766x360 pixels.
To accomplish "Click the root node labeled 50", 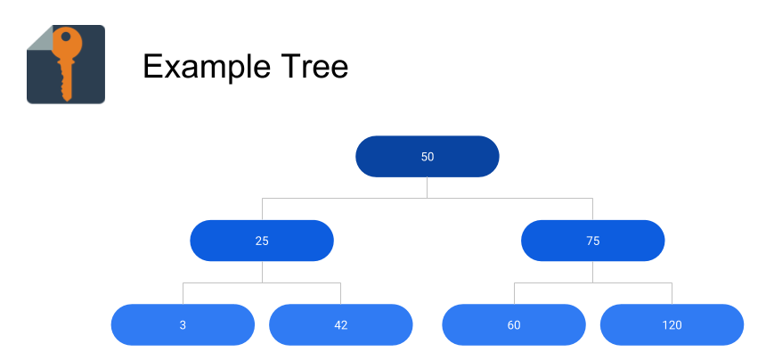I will coord(427,157).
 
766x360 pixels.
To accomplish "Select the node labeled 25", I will coord(262,241).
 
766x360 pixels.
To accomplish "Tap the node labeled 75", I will coord(592,241).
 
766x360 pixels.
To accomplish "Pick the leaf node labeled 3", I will coord(183,325).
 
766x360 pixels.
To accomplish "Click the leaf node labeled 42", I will coord(340,325).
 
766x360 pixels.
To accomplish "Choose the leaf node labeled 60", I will coord(514,325).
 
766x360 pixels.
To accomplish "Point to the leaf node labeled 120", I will coord(672,325).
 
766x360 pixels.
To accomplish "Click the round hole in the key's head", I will coord(66,37).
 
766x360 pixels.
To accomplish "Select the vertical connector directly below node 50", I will coord(427,187).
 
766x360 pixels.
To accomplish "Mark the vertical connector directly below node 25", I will coord(262,272).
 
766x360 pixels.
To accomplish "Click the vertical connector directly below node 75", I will coord(592,272).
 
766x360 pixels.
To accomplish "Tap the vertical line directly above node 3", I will coord(183,293).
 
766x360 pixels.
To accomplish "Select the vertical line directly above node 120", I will coord(672,293).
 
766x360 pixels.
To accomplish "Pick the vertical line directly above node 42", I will coord(340,293).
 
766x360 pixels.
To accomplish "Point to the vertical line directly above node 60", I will coord(514,293).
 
